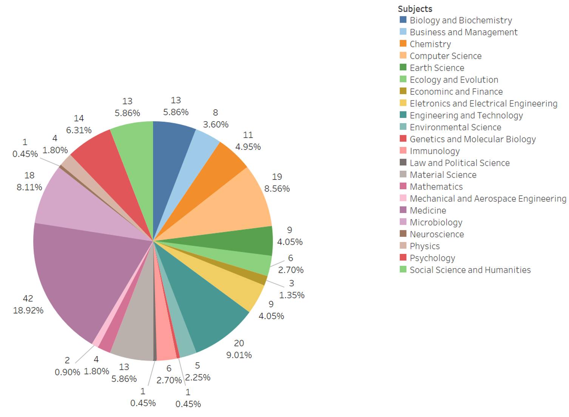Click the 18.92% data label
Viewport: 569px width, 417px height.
click(x=28, y=310)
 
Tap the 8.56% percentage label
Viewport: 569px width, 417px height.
click(x=277, y=188)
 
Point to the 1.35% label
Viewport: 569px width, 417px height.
click(x=291, y=295)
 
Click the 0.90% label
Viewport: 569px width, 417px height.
click(x=67, y=372)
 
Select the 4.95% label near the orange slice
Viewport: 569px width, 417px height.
click(x=248, y=147)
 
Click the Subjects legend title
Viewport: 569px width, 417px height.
click(x=415, y=9)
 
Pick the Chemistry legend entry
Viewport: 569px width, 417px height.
click(x=430, y=44)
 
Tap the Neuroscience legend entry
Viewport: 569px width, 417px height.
click(x=436, y=234)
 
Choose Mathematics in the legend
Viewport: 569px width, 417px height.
click(x=436, y=187)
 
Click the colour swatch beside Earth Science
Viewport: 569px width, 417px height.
click(x=403, y=68)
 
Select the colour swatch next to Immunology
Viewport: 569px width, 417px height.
click(x=403, y=151)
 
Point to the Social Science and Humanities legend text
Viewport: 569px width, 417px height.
click(x=470, y=270)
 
